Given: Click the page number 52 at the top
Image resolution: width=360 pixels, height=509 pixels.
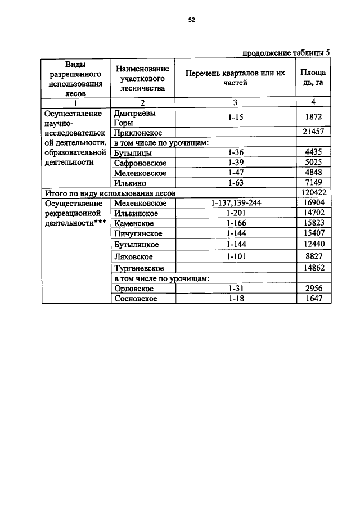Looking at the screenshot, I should pyautogui.click(x=191, y=20).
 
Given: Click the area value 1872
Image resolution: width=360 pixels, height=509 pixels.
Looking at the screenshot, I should pyautogui.click(x=313, y=118).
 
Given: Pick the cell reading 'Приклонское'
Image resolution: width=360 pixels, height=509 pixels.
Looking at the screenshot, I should pyautogui.click(x=138, y=132).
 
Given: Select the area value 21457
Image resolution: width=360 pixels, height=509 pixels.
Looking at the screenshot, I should pyautogui.click(x=313, y=132).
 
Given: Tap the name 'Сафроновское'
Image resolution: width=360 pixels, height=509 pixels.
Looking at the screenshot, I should pyautogui.click(x=140, y=163).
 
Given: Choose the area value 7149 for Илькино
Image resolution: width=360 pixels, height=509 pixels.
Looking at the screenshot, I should pyautogui.click(x=313, y=183).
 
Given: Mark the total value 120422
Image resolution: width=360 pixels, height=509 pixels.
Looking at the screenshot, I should pyautogui.click(x=313, y=193).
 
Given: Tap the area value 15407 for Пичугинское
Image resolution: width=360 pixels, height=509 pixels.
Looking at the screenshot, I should pyautogui.click(x=313, y=233).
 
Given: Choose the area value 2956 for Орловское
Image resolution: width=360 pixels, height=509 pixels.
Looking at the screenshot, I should pyautogui.click(x=313, y=289).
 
